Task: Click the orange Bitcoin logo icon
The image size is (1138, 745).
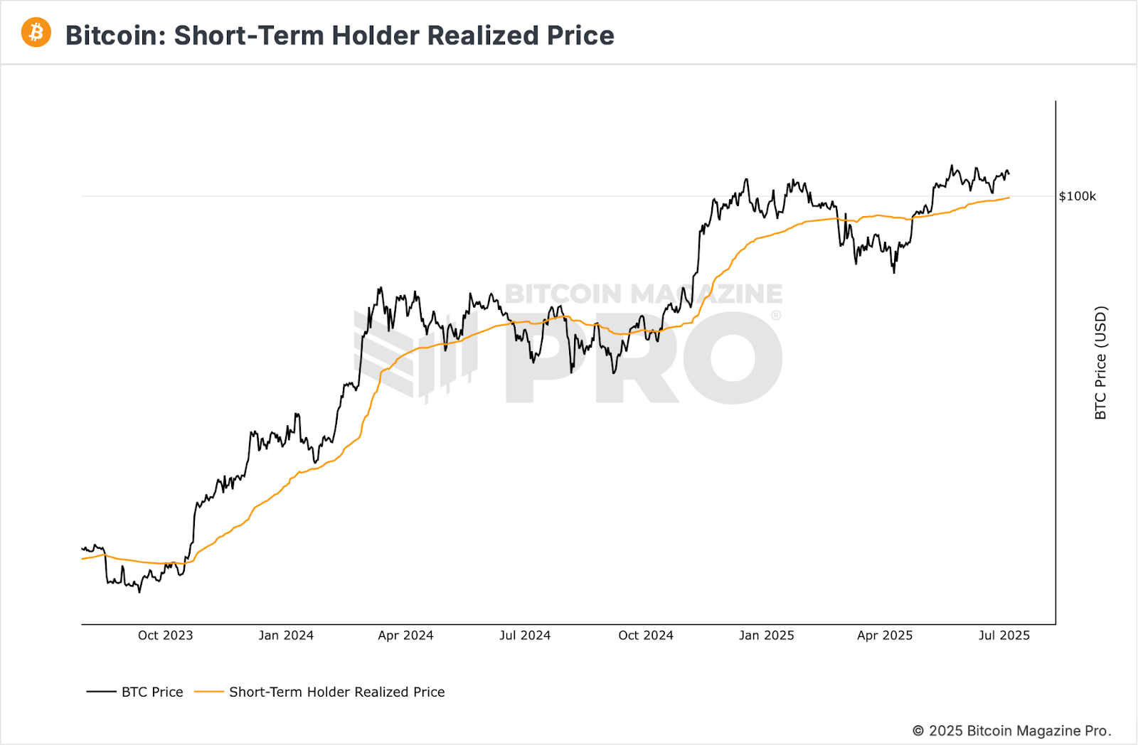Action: [x=36, y=33]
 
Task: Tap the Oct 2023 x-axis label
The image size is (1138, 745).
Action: [x=165, y=636]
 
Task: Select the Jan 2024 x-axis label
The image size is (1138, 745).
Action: [x=286, y=636]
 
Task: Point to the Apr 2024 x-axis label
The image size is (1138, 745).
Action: [x=405, y=636]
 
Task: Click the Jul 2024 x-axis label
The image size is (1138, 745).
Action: [x=525, y=636]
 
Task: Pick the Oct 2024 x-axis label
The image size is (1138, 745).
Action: [x=646, y=636]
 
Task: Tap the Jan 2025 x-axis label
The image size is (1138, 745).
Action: [x=766, y=636]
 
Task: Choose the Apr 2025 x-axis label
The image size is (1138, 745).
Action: [x=885, y=636]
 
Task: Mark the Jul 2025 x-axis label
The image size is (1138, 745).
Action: [x=1004, y=636]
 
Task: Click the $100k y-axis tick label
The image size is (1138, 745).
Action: [x=1077, y=196]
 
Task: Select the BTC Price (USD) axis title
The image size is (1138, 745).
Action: [x=1100, y=363]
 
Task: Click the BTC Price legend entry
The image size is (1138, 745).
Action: [x=152, y=692]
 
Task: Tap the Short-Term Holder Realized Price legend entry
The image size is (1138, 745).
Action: [x=336, y=692]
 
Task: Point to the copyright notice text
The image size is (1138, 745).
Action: [x=1011, y=731]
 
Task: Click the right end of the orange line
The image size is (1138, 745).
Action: [x=1009, y=198]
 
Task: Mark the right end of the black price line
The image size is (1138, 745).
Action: [x=1009, y=173]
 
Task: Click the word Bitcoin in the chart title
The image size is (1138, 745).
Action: [x=115, y=36]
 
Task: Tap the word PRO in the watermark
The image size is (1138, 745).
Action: [x=644, y=359]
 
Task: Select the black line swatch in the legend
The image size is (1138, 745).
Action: [x=101, y=692]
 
